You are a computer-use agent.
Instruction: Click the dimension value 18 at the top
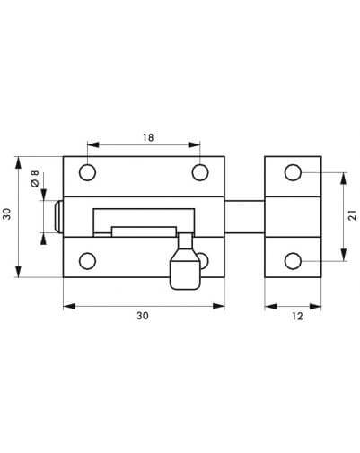pos(148,137)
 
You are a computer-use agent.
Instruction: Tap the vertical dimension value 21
pos(353,215)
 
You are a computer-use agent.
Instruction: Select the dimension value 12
pos(297,316)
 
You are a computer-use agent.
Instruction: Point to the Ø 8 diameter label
pos(35,179)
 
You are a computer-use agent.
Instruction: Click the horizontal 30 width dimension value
pos(143,316)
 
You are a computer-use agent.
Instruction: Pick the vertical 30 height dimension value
pos(6,214)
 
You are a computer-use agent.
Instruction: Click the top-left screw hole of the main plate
pos(87,172)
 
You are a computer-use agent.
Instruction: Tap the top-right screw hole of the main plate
pos(200,172)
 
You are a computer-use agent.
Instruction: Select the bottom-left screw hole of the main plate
pos(87,261)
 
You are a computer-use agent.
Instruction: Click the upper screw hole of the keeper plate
pos(293,172)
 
